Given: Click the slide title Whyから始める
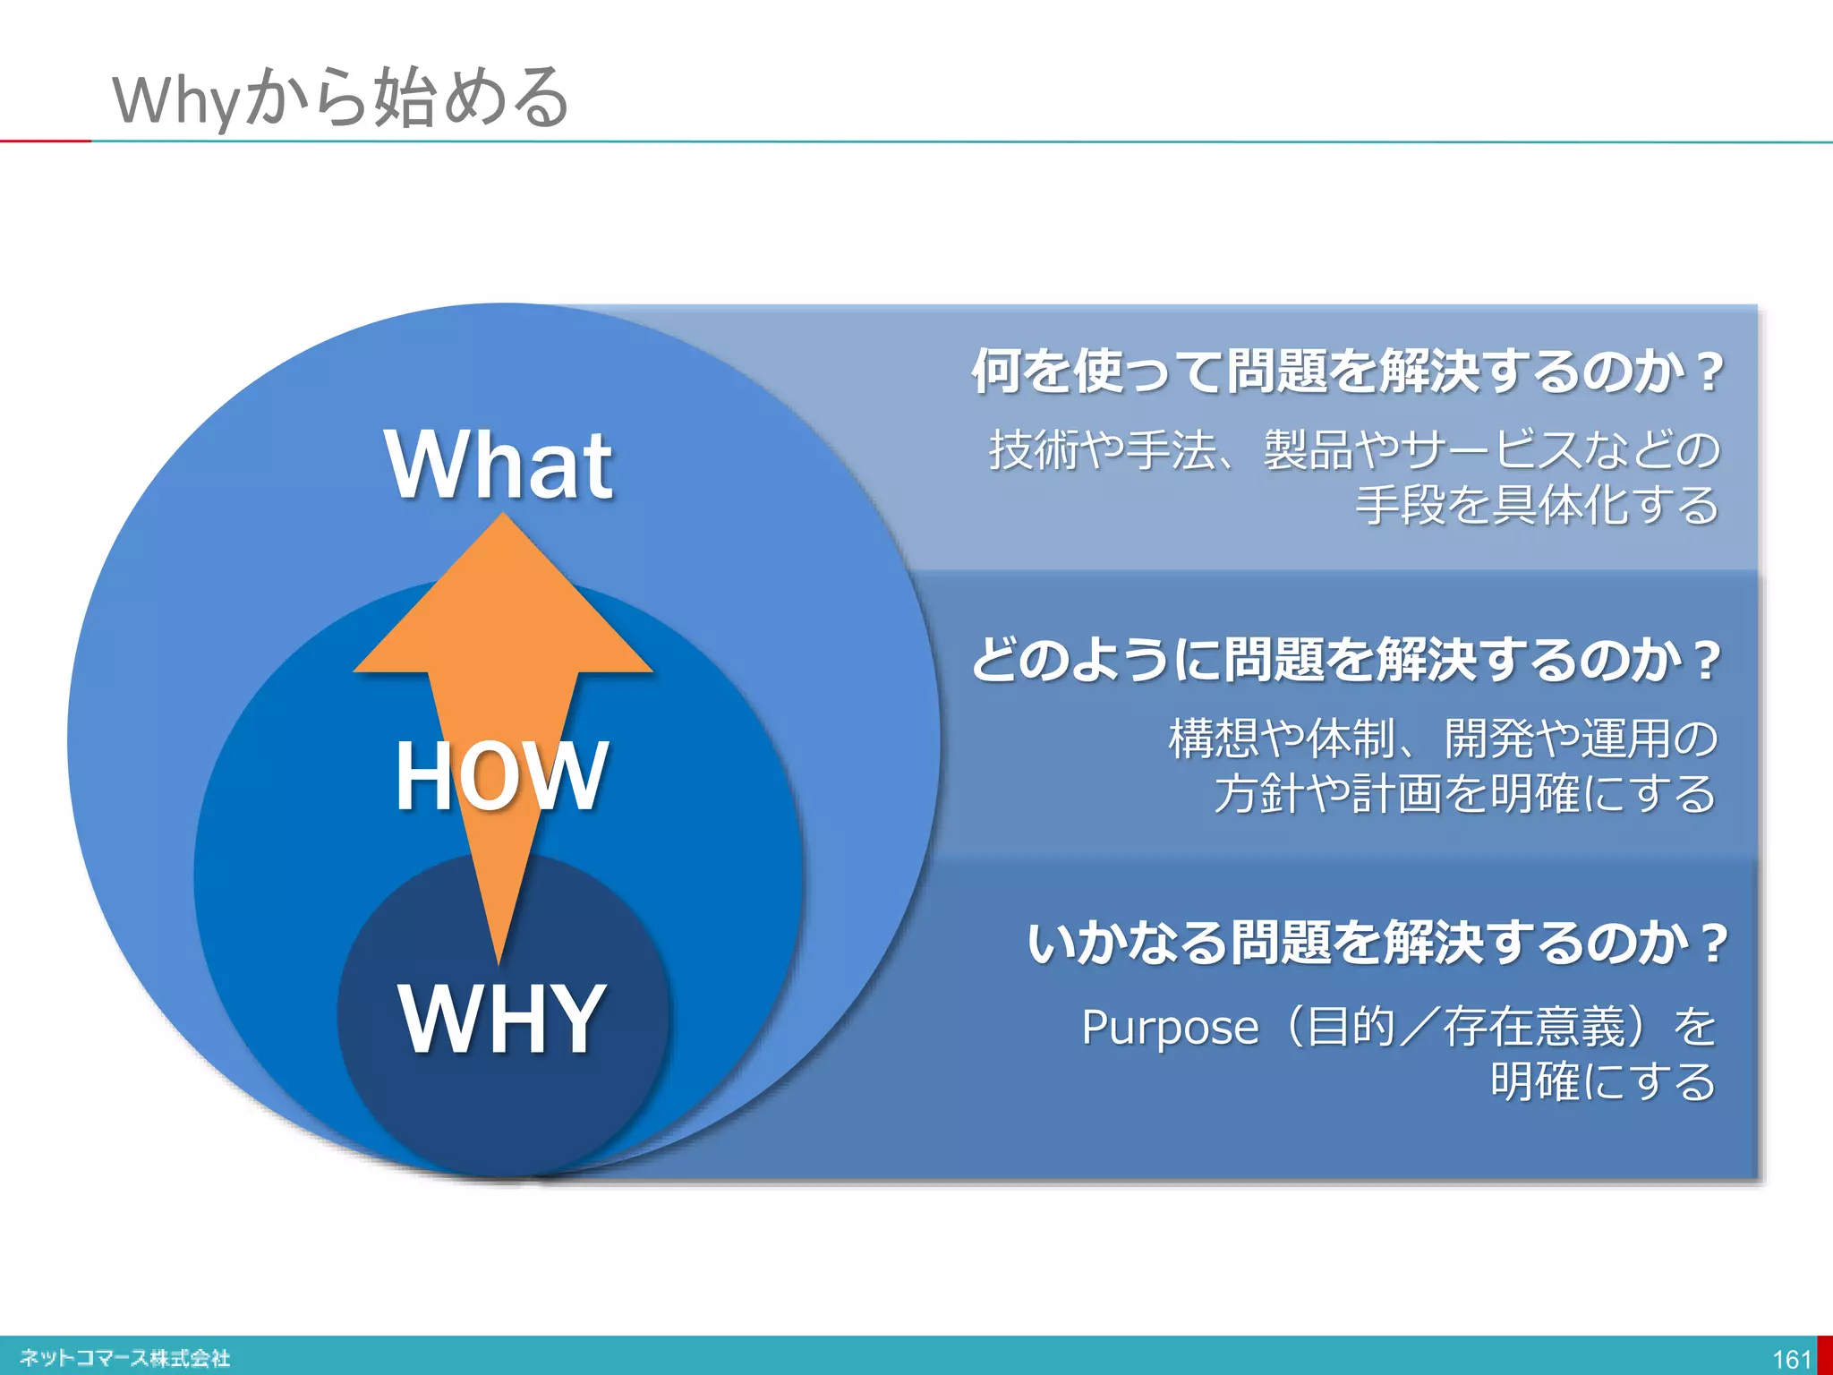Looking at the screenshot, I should (340, 98).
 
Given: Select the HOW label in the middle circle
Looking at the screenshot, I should (501, 776).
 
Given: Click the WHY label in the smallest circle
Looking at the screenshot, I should (501, 1019).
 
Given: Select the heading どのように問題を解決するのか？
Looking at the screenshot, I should (1346, 661).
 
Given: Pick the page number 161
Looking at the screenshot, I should (1791, 1359).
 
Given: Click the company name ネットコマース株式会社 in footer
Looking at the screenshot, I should (125, 1358).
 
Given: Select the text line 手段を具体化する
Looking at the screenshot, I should (1536, 506).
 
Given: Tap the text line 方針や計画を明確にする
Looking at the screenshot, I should (1464, 794).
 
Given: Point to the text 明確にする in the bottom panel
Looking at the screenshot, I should (1602, 1082).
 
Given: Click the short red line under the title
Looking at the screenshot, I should (45, 141).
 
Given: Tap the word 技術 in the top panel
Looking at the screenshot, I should (1033, 450).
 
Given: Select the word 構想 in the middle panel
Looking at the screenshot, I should (1213, 739).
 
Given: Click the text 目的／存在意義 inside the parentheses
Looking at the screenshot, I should (1466, 1028).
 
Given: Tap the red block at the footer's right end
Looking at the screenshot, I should (1824, 1355).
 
